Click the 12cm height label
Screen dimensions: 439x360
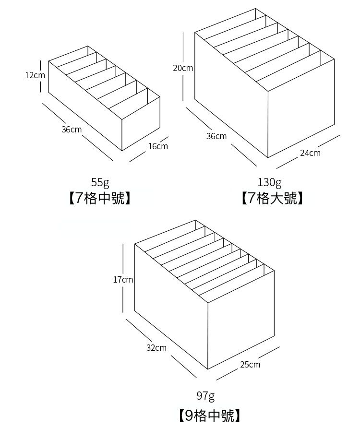(35, 75)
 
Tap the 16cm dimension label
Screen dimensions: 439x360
(158, 146)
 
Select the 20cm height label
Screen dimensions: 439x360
(183, 68)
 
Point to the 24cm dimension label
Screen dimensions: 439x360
(310, 153)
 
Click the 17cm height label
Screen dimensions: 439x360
(123, 279)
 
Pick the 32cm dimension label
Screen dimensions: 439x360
(156, 347)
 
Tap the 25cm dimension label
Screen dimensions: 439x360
(250, 365)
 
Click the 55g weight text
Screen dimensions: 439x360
(100, 182)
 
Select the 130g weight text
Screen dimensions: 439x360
(270, 182)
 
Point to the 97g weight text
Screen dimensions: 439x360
(205, 396)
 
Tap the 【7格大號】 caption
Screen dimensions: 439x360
(272, 198)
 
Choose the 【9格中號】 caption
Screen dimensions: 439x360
(208, 415)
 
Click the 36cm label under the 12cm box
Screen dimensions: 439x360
(72, 130)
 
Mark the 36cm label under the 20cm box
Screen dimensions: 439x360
(216, 136)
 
